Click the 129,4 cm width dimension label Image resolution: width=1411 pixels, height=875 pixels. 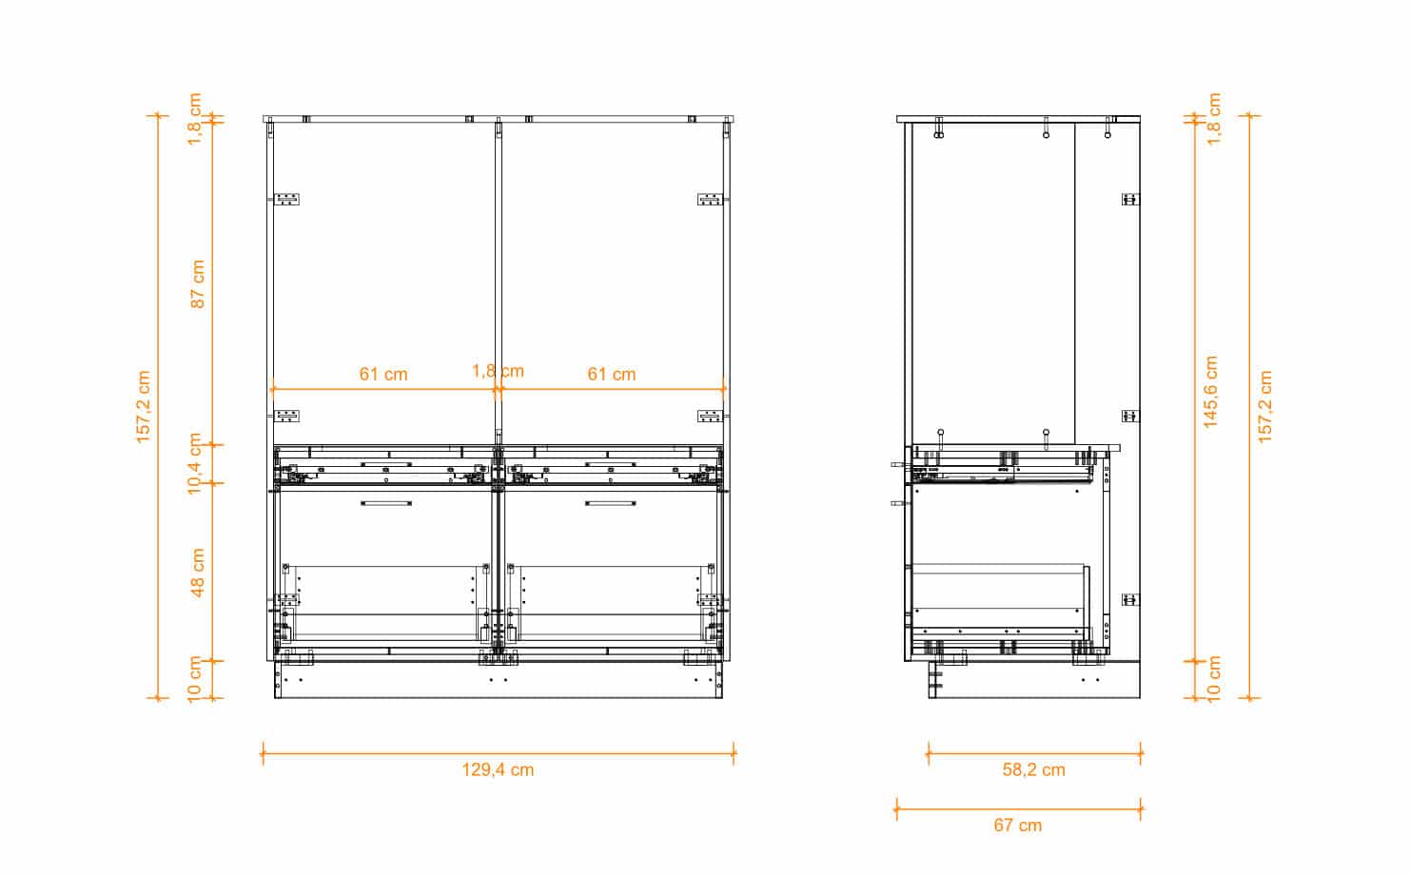click(498, 769)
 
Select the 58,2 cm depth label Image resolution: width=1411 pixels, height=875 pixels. click(1033, 769)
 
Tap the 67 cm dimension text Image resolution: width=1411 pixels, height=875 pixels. click(1018, 826)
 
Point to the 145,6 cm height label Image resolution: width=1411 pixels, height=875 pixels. click(1211, 392)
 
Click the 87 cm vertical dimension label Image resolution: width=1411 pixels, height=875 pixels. click(197, 284)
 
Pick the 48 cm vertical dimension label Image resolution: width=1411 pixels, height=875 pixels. click(197, 573)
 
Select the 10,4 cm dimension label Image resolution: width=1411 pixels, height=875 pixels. click(195, 463)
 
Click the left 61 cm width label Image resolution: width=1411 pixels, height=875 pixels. click(383, 375)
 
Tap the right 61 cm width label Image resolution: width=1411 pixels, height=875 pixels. click(612, 375)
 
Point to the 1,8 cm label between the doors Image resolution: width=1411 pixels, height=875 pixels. click(498, 371)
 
